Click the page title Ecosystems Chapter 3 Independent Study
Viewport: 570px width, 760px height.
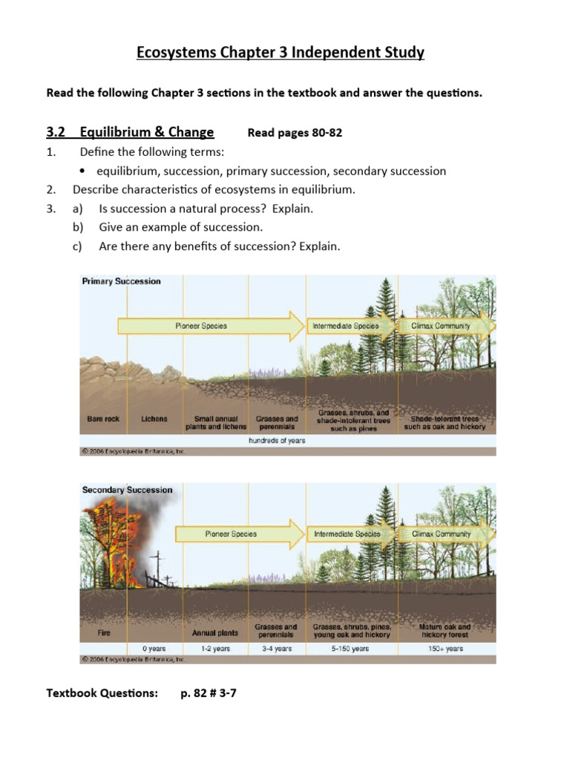click(x=281, y=53)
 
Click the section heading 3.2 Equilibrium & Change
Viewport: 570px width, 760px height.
click(x=130, y=132)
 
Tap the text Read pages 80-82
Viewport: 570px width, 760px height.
click(x=295, y=133)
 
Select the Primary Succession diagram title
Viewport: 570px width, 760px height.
click(x=121, y=281)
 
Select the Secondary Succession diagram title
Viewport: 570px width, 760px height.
click(x=127, y=490)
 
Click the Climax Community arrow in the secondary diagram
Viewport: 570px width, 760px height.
click(x=441, y=534)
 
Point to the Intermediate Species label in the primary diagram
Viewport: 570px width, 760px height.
click(x=345, y=326)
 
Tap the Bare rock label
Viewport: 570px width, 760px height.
click(x=103, y=419)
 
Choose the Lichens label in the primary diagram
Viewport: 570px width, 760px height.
click(x=154, y=419)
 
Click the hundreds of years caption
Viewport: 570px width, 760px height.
click(x=276, y=440)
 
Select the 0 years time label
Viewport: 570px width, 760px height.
click(x=154, y=649)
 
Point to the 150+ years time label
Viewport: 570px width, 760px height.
click(x=445, y=649)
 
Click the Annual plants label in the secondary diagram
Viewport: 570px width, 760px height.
click(x=215, y=633)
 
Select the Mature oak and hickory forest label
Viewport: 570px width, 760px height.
click(x=445, y=631)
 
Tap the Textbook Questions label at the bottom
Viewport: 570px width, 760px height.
click(x=102, y=693)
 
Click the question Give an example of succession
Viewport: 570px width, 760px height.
click(x=181, y=227)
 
